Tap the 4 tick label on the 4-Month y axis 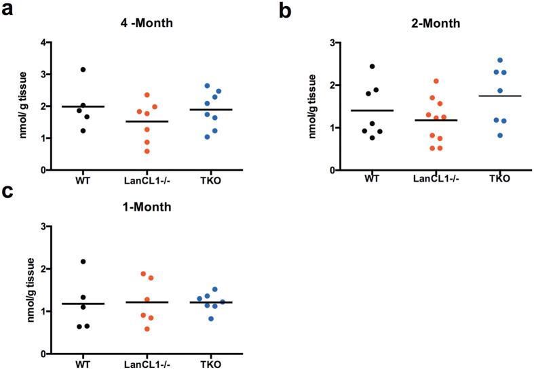pos(43,43)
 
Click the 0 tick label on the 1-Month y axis pos(43,354)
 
